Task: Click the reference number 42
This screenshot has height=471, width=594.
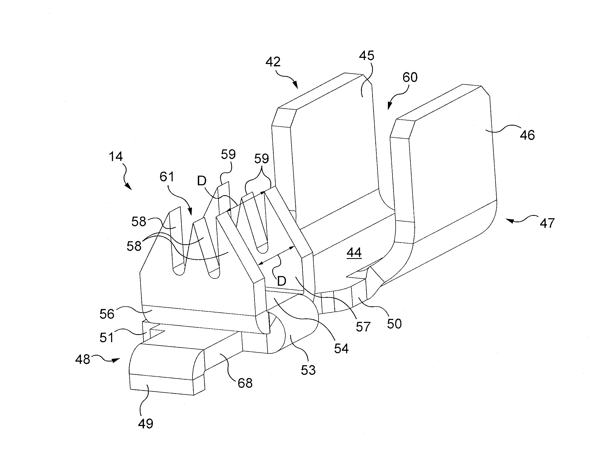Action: point(273,62)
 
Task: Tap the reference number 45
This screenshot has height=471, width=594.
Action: point(366,56)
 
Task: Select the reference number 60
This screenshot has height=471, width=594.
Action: point(410,77)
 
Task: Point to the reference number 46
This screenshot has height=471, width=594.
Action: point(527,135)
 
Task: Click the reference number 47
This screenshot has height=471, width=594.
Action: point(547,223)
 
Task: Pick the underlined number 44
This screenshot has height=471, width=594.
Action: point(354,253)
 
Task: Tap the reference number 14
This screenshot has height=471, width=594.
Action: point(115,157)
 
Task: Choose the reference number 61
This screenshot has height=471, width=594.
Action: point(167,177)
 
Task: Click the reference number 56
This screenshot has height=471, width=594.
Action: point(107,314)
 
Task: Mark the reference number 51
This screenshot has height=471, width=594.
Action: point(106,337)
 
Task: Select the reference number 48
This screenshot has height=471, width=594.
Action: point(83,359)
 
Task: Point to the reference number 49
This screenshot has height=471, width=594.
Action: point(145,423)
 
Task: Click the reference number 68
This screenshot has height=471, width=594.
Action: point(245,383)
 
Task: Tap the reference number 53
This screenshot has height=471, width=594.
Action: point(308,370)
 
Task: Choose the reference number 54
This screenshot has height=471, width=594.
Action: point(341,349)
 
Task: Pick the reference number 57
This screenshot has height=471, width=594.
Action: point(363,327)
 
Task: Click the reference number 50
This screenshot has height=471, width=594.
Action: point(394,324)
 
